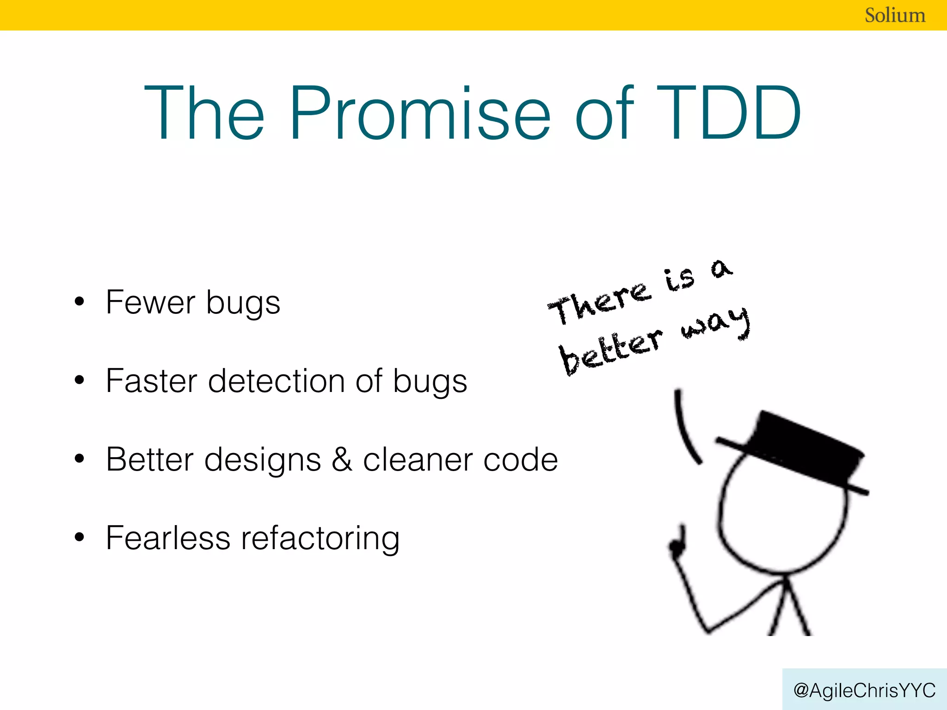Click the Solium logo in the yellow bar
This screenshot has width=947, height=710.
[895, 15]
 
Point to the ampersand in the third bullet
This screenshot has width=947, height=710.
[342, 459]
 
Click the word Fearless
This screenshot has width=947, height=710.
[168, 538]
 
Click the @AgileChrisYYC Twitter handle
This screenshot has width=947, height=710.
[864, 690]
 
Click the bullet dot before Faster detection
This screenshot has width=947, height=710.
[80, 380]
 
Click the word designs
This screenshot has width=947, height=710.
[263, 460]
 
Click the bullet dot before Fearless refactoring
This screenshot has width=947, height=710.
[80, 538]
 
